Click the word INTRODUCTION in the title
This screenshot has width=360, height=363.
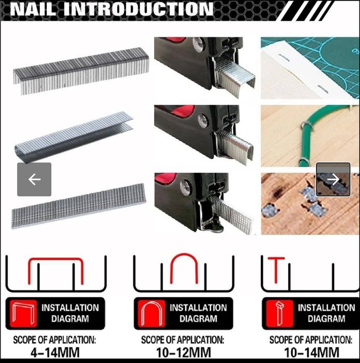138,9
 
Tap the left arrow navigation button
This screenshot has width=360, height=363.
34,179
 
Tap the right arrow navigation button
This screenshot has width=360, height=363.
333,179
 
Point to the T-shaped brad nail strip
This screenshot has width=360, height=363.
79,206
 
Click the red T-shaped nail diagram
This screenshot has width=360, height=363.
276,270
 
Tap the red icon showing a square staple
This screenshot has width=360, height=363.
23,313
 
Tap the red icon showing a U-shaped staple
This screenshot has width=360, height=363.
151,313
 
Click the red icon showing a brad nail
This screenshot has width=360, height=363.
280,313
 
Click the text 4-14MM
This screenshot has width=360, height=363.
55,353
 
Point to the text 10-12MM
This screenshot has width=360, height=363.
184,353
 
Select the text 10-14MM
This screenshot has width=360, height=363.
312,353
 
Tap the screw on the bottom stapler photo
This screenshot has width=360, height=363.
186,186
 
